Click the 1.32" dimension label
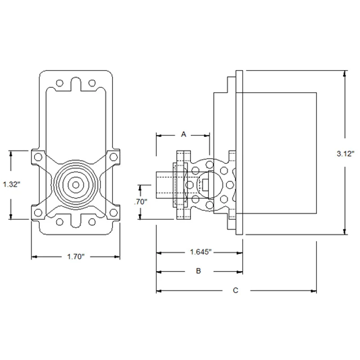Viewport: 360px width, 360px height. (x=11, y=184)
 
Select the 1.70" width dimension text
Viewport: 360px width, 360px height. (x=76, y=256)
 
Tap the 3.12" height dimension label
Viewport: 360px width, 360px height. (x=346, y=153)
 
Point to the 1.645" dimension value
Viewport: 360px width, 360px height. (x=200, y=252)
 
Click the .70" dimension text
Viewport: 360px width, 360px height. (x=140, y=202)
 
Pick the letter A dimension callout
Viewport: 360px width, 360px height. (x=184, y=134)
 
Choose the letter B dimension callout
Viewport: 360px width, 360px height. (x=198, y=271)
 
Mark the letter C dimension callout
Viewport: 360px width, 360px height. (x=235, y=290)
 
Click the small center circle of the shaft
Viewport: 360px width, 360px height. (x=76, y=185)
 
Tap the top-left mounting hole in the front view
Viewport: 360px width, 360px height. (x=59, y=83)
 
